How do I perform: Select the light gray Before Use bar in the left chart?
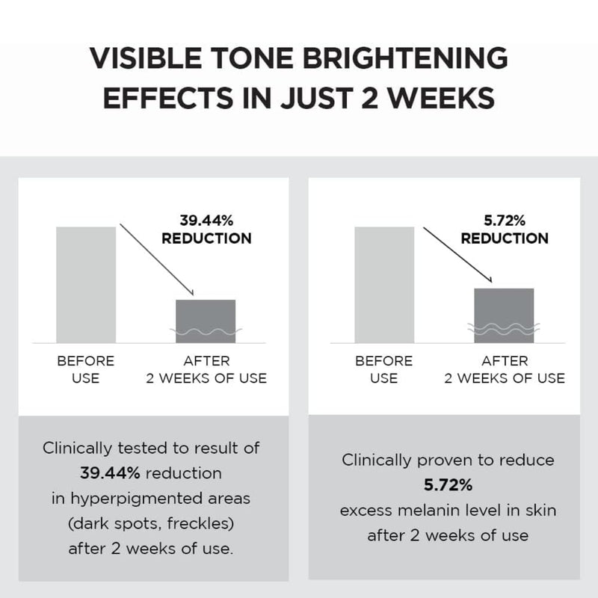(x=86, y=284)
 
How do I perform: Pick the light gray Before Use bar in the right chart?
(x=383, y=284)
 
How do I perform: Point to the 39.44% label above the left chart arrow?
(x=206, y=221)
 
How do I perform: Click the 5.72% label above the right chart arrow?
(x=505, y=221)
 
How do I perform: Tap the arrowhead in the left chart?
(x=191, y=292)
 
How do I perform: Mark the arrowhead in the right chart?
(x=490, y=280)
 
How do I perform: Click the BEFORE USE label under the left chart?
(x=86, y=369)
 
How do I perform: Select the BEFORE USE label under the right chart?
(x=383, y=369)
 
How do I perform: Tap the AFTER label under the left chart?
(x=206, y=361)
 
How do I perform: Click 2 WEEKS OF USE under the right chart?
(x=505, y=378)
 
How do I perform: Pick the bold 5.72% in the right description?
(x=448, y=485)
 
